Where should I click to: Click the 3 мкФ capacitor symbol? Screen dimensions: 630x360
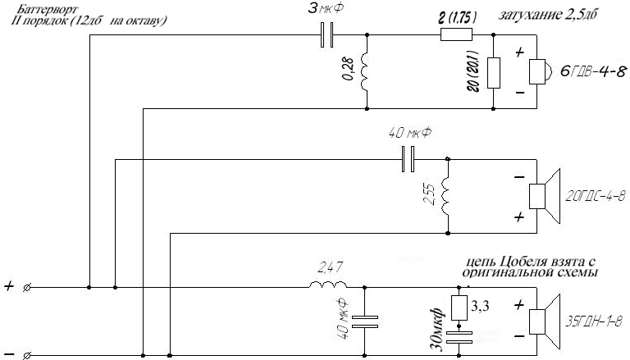pos(326,35)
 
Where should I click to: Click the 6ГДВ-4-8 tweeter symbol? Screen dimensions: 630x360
pos(540,72)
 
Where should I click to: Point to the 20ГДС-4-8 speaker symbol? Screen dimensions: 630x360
pos(545,196)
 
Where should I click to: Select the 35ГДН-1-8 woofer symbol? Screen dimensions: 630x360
pos(545,321)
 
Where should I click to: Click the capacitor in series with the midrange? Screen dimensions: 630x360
pos(409,160)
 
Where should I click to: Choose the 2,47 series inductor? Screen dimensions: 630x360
pos(328,285)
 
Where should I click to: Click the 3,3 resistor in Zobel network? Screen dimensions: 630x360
pos(459,308)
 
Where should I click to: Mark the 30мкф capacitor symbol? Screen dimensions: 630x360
pos(459,337)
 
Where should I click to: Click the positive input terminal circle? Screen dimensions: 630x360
pos(27,288)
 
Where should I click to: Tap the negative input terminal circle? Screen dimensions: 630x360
pos(27,356)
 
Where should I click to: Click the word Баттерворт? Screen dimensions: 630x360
pos(49,9)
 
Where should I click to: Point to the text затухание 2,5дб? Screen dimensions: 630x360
pos(547,16)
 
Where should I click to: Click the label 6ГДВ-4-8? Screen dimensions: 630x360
pos(593,72)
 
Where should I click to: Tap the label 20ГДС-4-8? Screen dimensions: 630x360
pos(596,197)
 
